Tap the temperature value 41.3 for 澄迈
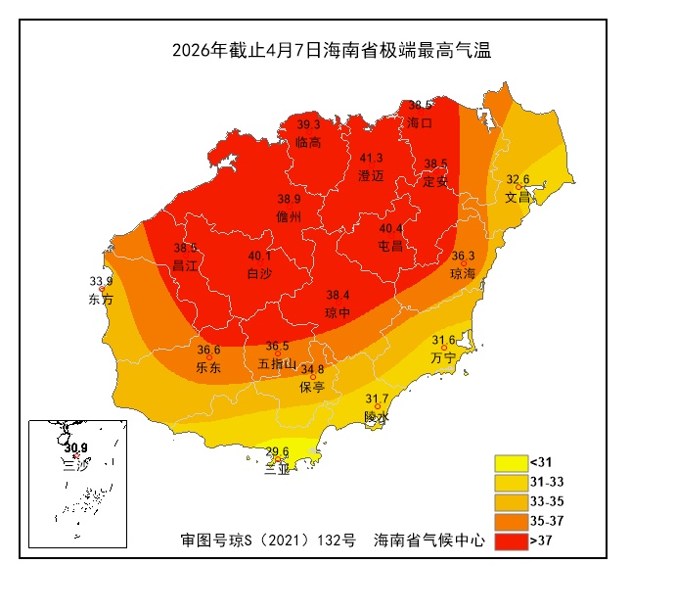pos(371,158)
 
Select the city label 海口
pos(420,123)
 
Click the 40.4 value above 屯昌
pos(391,228)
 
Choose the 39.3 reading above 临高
pos(308,124)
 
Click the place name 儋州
pos(290,216)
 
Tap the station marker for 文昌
pos(518,187)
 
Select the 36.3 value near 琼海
pos(463,256)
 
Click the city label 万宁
pos(443,357)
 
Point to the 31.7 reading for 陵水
pos(377,399)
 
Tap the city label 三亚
pos(277,470)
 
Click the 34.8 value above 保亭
pos(312,369)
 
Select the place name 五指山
pos(277,363)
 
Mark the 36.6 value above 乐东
pos(208,350)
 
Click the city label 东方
pos(101,299)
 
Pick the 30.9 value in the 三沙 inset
pos(75,447)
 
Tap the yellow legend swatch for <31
pos(511,462)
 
